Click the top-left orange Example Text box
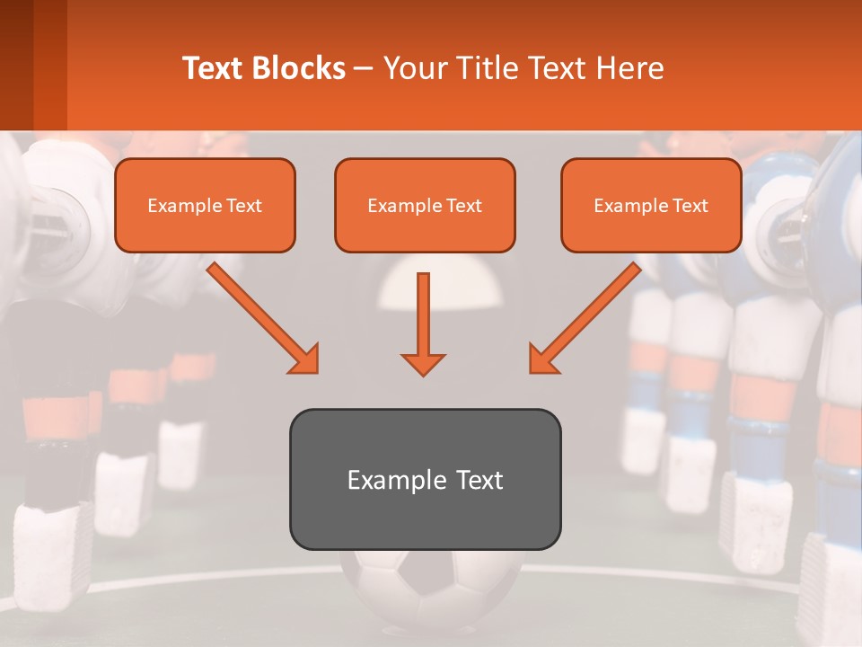(x=205, y=205)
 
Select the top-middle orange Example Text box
(x=425, y=205)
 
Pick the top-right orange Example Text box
(x=651, y=205)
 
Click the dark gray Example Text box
(x=425, y=479)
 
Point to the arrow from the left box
(x=263, y=318)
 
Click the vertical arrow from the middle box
(x=423, y=323)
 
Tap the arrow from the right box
(x=585, y=318)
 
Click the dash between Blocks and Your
(x=364, y=68)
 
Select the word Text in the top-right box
(x=690, y=206)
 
